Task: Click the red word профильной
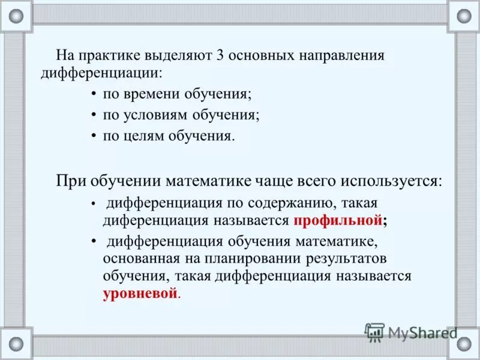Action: (x=338, y=220)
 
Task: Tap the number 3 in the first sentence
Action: (x=220, y=55)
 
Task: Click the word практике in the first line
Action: (x=107, y=55)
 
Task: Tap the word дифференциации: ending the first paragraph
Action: (x=101, y=73)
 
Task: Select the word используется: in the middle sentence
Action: (x=392, y=181)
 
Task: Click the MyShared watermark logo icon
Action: (x=375, y=332)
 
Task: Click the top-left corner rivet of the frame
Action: (x=16, y=16)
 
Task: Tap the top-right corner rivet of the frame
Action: (x=464, y=16)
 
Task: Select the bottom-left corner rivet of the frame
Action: (x=16, y=344)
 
